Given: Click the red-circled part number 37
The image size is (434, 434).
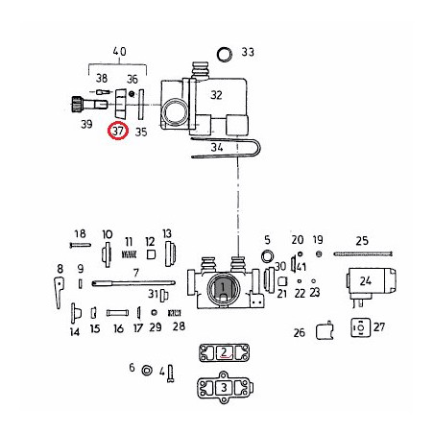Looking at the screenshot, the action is [x=118, y=132].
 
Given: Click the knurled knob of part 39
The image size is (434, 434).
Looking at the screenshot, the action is [x=76, y=104].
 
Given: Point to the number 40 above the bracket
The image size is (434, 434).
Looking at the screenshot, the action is [x=119, y=52].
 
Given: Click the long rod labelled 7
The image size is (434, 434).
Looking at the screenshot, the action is [x=133, y=283].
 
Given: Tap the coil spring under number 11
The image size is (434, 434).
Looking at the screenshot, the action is [x=129, y=254].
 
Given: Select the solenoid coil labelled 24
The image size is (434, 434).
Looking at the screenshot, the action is [x=372, y=284].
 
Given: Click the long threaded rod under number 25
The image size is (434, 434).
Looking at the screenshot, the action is [x=363, y=254].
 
